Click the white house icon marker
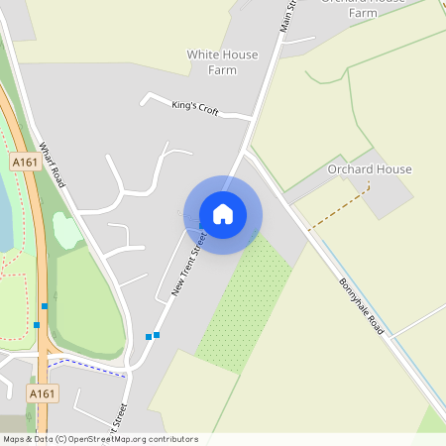click(223, 214)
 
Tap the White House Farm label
click(222, 62)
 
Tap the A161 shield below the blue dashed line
click(42, 393)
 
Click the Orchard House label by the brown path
click(369, 169)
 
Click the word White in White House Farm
click(202, 55)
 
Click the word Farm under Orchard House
click(363, 14)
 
